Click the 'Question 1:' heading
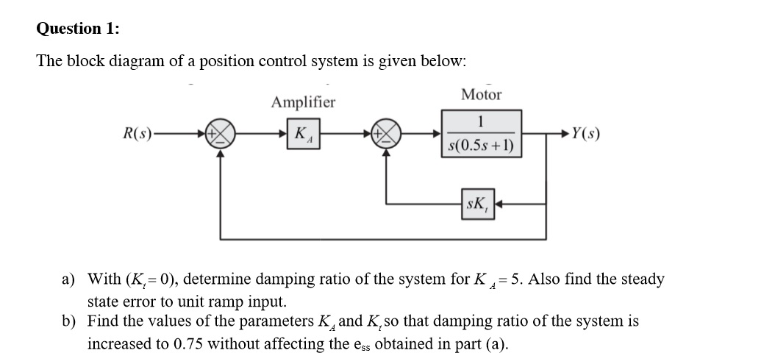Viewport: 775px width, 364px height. pos(79,29)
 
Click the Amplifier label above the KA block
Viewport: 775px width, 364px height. pos(302,102)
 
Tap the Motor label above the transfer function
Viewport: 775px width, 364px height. pos(482,95)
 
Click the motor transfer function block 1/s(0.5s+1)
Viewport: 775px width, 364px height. pos(482,134)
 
